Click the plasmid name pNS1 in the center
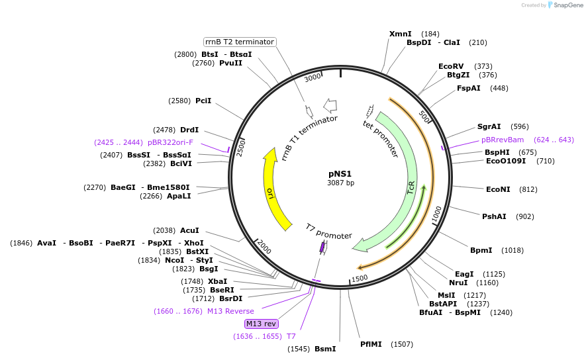click(340, 173)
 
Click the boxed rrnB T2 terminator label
click(239, 42)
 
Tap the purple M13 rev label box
click(261, 324)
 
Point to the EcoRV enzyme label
click(451, 66)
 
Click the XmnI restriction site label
click(400, 34)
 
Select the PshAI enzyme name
click(494, 216)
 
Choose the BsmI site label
click(325, 349)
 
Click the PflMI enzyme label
click(371, 344)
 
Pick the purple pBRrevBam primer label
click(503, 140)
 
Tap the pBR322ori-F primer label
click(170, 142)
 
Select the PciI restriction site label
click(203, 101)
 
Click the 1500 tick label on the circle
click(360, 279)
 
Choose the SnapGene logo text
click(566, 5)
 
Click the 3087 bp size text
click(340, 183)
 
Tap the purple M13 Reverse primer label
click(230, 311)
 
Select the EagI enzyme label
click(464, 274)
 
